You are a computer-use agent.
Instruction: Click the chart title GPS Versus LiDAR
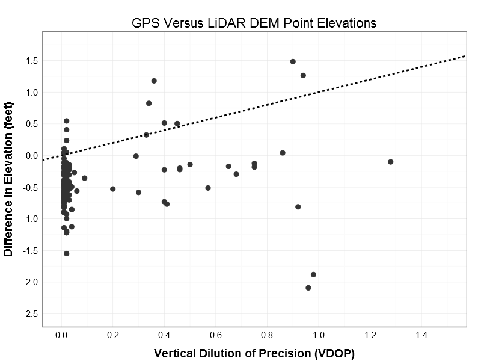(x=254, y=23)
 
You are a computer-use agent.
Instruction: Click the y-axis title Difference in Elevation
(x=8, y=179)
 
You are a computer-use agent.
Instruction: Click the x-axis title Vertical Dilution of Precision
(x=254, y=353)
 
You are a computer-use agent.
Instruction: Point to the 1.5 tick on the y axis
(x=31, y=61)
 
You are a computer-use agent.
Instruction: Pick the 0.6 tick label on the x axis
(x=215, y=335)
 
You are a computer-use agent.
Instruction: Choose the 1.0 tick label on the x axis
(x=318, y=335)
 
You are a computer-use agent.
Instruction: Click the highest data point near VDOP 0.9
(x=293, y=61)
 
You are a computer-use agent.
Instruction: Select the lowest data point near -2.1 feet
(x=308, y=288)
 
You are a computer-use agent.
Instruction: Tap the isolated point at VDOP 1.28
(x=391, y=162)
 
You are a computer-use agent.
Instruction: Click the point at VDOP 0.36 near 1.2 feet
(x=154, y=81)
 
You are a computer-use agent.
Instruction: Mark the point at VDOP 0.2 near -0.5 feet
(x=113, y=189)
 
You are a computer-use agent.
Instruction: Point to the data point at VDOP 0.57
(x=208, y=188)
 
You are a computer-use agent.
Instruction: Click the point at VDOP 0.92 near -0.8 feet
(x=298, y=207)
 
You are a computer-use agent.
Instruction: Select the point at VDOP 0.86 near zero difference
(x=283, y=153)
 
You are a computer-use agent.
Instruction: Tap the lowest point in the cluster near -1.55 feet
(x=66, y=253)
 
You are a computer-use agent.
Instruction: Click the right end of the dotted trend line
(x=465, y=56)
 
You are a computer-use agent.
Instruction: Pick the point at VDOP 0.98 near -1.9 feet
(x=313, y=274)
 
